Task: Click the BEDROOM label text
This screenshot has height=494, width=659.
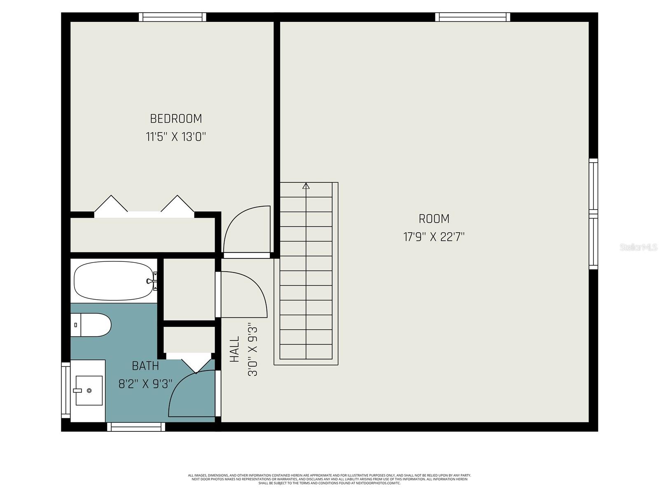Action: click(x=176, y=119)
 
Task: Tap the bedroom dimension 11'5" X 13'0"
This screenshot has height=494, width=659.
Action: click(x=176, y=137)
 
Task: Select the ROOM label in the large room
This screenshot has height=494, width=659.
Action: click(x=434, y=219)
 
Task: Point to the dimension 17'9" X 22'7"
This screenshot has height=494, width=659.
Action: click(x=434, y=237)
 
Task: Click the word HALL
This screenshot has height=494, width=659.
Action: click(x=234, y=350)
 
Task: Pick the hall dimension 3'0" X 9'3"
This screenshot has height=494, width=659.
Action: click(x=252, y=350)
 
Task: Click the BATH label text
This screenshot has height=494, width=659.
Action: click(x=145, y=366)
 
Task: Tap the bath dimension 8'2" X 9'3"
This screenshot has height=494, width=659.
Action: click(x=145, y=384)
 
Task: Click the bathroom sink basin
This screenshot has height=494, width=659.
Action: click(x=89, y=390)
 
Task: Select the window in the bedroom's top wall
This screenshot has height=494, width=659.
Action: click(x=172, y=17)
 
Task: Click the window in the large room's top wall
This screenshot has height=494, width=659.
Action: click(x=472, y=17)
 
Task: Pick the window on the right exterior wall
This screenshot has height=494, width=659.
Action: click(x=593, y=214)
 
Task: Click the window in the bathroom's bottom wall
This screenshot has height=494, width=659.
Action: click(x=136, y=427)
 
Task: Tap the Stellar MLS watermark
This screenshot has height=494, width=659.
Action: click(x=638, y=247)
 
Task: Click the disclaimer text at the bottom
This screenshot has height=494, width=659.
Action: click(x=329, y=479)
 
